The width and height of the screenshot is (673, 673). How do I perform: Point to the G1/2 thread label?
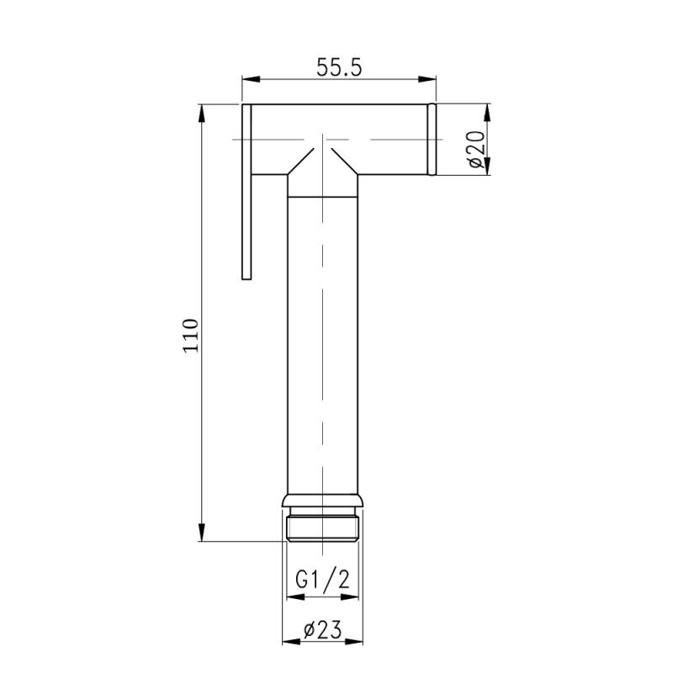click(323, 580)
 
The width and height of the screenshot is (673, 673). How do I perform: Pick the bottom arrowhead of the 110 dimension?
click(202, 533)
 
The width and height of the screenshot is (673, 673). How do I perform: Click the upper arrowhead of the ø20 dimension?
click(488, 112)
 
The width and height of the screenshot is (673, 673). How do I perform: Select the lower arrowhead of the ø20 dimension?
click(488, 168)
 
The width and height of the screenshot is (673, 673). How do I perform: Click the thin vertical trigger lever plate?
click(246, 193)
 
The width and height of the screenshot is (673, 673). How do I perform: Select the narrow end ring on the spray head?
click(432, 140)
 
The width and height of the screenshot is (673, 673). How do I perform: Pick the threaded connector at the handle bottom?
click(323, 527)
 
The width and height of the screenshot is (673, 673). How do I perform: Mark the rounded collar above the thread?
click(323, 502)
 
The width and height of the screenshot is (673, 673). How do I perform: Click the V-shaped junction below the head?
click(323, 163)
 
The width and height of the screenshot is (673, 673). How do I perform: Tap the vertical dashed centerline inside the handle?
click(323, 336)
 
